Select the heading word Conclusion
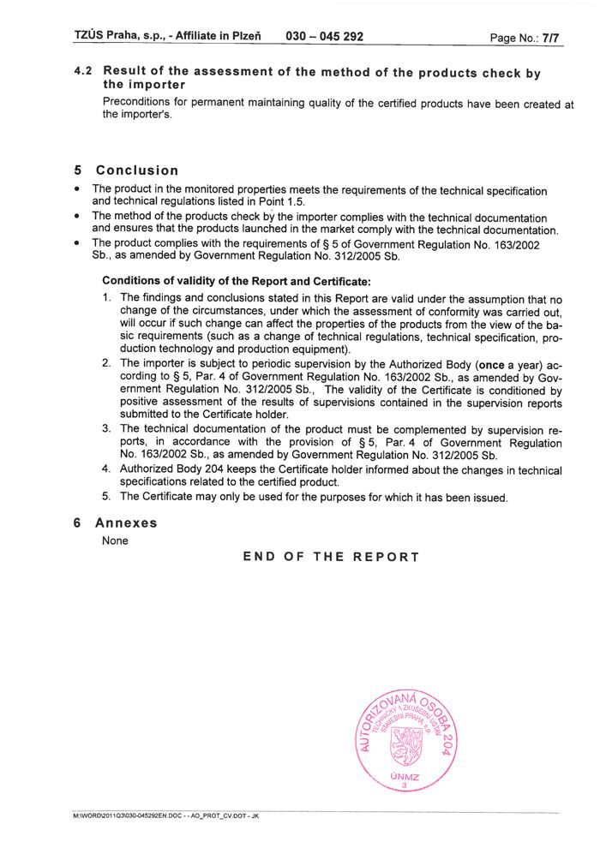[x=137, y=170]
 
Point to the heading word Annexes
[x=126, y=523]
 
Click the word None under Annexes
[x=115, y=540]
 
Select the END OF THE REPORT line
[x=331, y=557]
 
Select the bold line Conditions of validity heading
[x=237, y=280]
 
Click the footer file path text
[x=166, y=816]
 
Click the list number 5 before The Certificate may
[x=106, y=497]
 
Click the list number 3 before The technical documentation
[x=106, y=429]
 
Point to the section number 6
[x=78, y=523]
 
